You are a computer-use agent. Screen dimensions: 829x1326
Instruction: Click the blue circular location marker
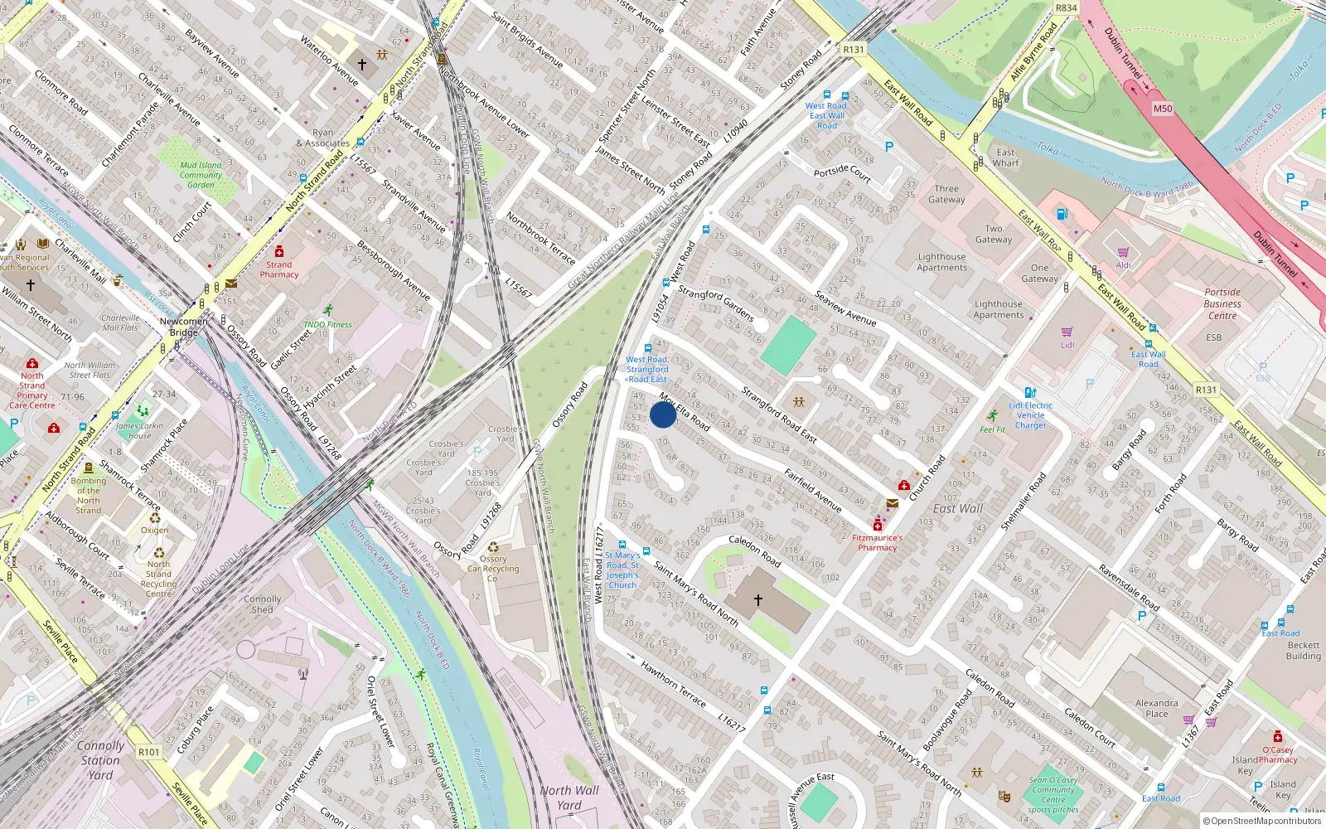click(x=663, y=414)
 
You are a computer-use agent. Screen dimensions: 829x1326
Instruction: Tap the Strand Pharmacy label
click(x=279, y=269)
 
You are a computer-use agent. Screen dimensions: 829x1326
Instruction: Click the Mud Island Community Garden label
click(x=201, y=175)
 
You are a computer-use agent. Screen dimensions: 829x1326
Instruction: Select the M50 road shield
click(x=1163, y=109)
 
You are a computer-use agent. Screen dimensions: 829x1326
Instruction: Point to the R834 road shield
click(x=1067, y=8)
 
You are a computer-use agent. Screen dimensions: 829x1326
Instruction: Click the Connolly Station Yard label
click(x=100, y=760)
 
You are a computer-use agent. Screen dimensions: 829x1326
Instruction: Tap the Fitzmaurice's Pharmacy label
click(x=878, y=542)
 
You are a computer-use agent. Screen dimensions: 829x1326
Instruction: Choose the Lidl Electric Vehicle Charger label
click(x=1031, y=415)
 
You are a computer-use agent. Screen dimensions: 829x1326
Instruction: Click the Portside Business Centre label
click(x=1222, y=303)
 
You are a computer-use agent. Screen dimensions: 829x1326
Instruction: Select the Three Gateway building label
click(x=946, y=194)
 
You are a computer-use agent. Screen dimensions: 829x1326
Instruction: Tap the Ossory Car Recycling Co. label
click(x=493, y=569)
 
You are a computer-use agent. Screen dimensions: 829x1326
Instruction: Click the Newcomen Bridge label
click(x=183, y=327)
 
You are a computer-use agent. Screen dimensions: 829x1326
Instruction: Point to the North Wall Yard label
click(x=569, y=797)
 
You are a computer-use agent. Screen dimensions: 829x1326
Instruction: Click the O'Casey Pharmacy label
click(x=1278, y=754)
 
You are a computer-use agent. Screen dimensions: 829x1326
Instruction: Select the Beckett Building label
click(x=1304, y=651)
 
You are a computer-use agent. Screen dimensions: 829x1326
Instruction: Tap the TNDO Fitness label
click(x=327, y=324)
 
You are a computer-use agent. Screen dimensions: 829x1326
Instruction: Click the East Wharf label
click(x=1006, y=158)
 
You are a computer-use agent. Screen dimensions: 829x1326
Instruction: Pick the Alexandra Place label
click(x=1156, y=708)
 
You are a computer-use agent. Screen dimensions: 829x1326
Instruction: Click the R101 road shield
click(x=149, y=752)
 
